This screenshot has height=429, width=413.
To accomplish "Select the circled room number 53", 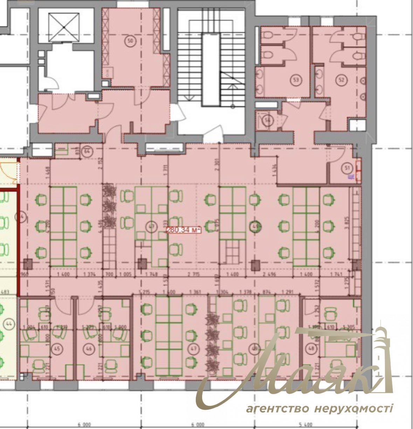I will tap(296, 80).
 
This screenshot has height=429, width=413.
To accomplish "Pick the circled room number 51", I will tap(347, 168).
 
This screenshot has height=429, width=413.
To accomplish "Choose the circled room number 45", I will tap(56, 349).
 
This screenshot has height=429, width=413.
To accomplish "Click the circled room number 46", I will tap(89, 349).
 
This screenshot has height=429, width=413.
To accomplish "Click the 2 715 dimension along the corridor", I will tap(193, 275).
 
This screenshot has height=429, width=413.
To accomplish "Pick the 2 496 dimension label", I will tap(270, 275).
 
